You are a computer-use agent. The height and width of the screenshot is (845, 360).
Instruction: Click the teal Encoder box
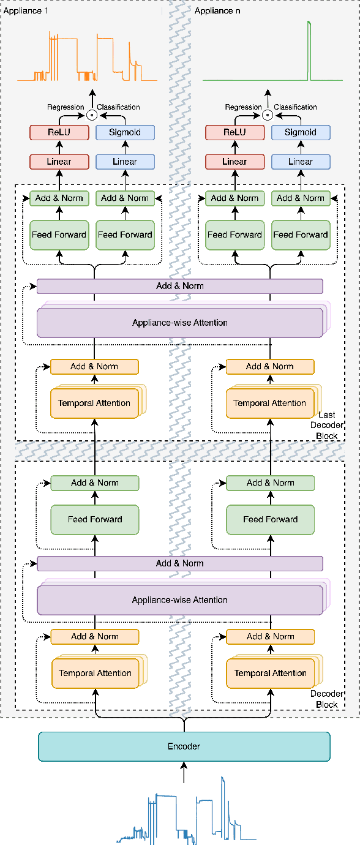tap(184, 746)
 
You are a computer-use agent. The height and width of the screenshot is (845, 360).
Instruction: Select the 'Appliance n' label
tap(217, 10)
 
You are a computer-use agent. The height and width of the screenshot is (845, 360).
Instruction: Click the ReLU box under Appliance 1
tap(59, 132)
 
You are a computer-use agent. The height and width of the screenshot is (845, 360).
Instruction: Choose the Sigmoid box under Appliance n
tap(300, 132)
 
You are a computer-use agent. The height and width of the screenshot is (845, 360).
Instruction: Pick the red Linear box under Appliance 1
tap(59, 162)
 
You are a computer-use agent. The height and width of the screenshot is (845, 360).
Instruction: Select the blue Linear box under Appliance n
tap(300, 162)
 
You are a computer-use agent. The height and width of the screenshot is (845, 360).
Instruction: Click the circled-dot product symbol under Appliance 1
tap(92, 115)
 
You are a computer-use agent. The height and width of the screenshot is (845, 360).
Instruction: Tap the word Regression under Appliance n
tap(243, 107)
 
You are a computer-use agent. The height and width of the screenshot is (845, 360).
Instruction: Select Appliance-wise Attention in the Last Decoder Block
tap(179, 323)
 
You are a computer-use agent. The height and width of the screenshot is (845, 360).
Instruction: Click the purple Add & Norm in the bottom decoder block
tap(179, 563)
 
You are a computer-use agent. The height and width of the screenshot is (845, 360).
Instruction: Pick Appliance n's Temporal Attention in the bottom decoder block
tap(270, 674)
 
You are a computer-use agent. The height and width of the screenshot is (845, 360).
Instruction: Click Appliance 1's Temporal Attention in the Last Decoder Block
tap(94, 404)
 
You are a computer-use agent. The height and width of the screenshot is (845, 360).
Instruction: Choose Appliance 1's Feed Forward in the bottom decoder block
tap(94, 519)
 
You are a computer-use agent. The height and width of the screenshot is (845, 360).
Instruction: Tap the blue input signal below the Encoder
tap(184, 814)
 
